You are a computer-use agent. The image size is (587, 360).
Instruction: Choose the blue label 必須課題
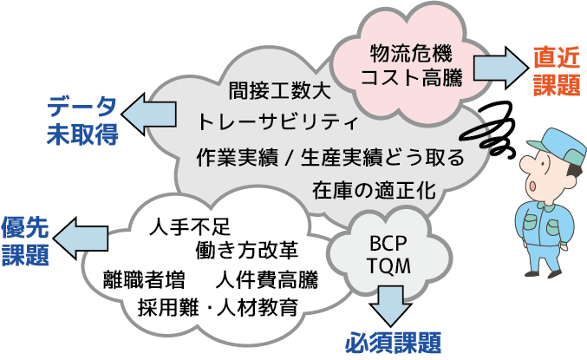tap(394, 341)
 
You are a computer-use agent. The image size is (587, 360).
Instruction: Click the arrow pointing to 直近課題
tap(495, 66)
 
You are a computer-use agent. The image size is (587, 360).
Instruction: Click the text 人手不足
tap(189, 228)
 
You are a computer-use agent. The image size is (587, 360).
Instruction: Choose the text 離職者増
tap(143, 279)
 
